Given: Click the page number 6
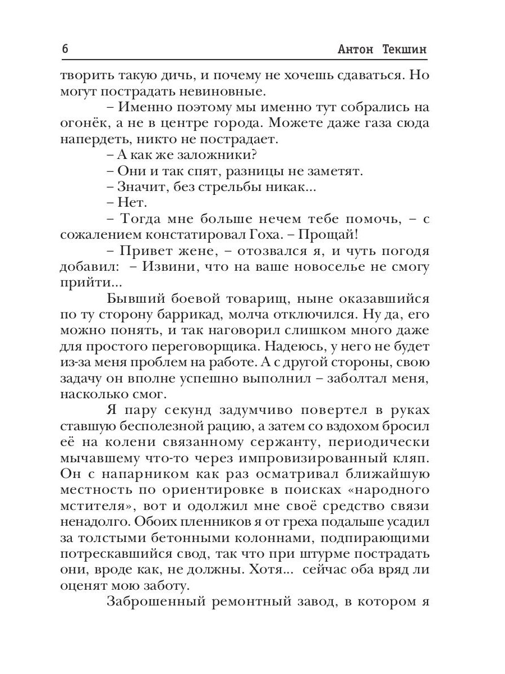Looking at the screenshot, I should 65,49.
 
